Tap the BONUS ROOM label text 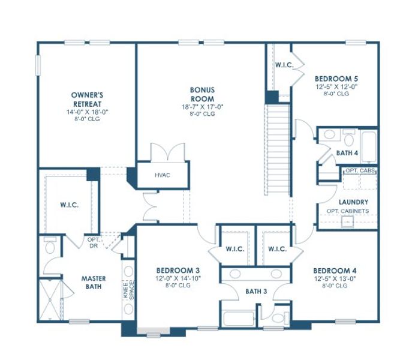click(x=202, y=94)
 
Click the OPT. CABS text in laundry click(x=360, y=171)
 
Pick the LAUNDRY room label click(x=353, y=202)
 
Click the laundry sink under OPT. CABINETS click(x=347, y=222)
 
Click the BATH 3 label click(x=256, y=292)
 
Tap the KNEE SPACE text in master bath click(x=127, y=290)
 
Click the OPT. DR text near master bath click(x=93, y=242)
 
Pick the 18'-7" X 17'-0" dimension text click(x=202, y=107)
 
